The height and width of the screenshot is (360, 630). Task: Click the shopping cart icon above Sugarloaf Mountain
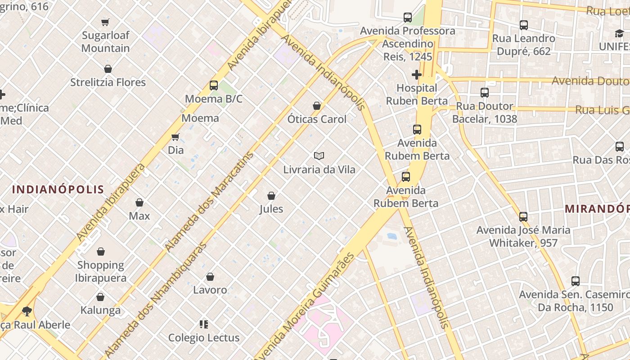[105, 22]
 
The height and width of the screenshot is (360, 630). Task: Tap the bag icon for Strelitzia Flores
[108, 69]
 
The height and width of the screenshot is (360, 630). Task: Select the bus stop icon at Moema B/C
[214, 85]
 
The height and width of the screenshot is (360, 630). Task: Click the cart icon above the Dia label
[175, 137]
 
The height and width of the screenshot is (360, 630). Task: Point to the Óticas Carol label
[317, 119]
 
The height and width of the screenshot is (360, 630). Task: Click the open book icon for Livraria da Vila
[319, 156]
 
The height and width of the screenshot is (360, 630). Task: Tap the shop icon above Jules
[271, 196]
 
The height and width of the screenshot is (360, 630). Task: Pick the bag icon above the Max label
[139, 202]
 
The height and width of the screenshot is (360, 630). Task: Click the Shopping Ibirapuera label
[101, 271]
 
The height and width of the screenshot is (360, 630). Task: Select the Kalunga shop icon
[100, 297]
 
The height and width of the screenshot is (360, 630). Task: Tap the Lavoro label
[210, 290]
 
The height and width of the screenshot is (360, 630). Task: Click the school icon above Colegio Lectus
[204, 324]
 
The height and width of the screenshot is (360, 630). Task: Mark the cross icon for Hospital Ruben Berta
[416, 75]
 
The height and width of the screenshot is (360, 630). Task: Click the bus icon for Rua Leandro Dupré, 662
[523, 25]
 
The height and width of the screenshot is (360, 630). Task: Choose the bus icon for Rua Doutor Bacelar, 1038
[485, 93]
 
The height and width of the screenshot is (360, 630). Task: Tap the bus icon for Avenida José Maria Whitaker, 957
[523, 216]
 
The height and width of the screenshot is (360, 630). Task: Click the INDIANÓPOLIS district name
[58, 189]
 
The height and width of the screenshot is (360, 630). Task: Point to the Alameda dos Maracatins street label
[210, 202]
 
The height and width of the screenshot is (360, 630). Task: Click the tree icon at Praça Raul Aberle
[27, 311]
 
